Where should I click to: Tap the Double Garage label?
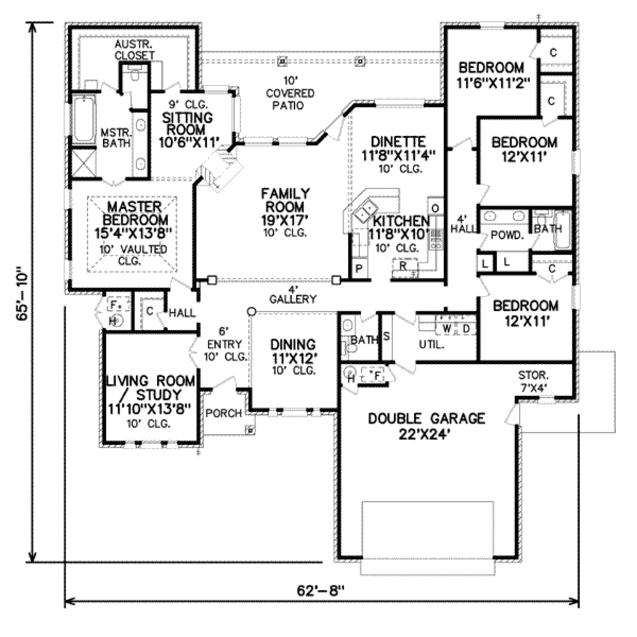tap(426, 425)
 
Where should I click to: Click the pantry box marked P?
tap(359, 269)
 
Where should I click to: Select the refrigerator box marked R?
tap(403, 266)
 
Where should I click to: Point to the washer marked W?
tap(447, 328)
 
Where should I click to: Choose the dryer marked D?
tap(465, 328)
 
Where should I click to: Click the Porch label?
tap(223, 413)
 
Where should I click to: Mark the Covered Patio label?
tap(290, 93)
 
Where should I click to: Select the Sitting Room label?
tap(187, 123)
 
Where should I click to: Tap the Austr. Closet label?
tap(134, 50)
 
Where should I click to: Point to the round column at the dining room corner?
tap(251, 311)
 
